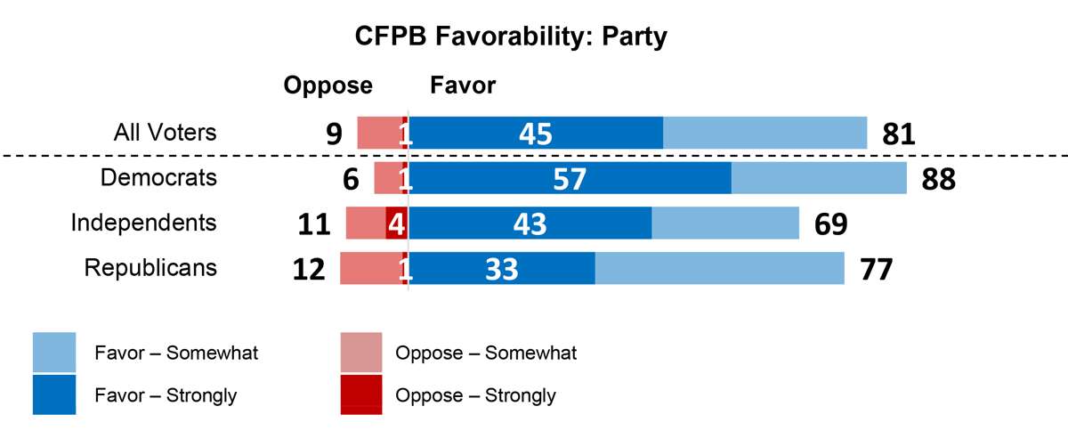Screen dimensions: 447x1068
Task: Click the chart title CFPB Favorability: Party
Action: (x=511, y=37)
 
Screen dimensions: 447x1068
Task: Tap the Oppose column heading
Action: (x=328, y=85)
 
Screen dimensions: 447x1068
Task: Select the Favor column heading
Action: (x=463, y=85)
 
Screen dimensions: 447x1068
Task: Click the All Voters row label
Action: (x=165, y=133)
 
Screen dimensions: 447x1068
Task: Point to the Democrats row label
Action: (x=158, y=177)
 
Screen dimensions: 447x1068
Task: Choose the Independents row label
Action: (x=143, y=222)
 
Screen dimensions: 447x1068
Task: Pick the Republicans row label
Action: (x=150, y=267)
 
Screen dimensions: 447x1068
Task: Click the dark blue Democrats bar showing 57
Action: (x=570, y=178)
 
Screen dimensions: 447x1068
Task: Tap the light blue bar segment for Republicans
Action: (x=719, y=268)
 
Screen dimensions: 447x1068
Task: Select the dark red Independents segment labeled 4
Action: (x=396, y=223)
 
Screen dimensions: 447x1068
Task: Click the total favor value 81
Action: (x=899, y=134)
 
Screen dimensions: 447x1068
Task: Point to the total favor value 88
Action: (x=938, y=179)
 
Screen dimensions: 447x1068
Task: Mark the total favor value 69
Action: (x=830, y=223)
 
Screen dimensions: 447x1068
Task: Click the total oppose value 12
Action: (x=310, y=269)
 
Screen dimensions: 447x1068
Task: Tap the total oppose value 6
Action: (x=351, y=179)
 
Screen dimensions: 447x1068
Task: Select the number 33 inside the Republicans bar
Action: (x=502, y=269)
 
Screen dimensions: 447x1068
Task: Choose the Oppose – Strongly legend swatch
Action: (x=361, y=395)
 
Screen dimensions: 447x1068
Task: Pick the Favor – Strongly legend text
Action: (x=166, y=395)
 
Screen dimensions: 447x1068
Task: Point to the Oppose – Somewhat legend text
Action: (x=486, y=353)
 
